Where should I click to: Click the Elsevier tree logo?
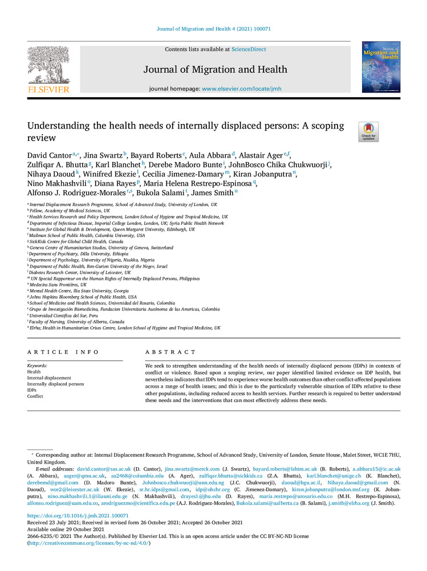point(48,66)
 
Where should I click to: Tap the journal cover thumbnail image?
point(381,67)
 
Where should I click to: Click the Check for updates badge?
point(368,132)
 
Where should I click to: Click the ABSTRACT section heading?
point(170,352)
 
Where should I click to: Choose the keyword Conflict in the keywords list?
point(35,396)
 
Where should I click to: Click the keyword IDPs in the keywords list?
point(33,389)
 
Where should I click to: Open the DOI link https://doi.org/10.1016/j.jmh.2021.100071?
point(78,515)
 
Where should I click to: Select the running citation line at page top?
point(213,28)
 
